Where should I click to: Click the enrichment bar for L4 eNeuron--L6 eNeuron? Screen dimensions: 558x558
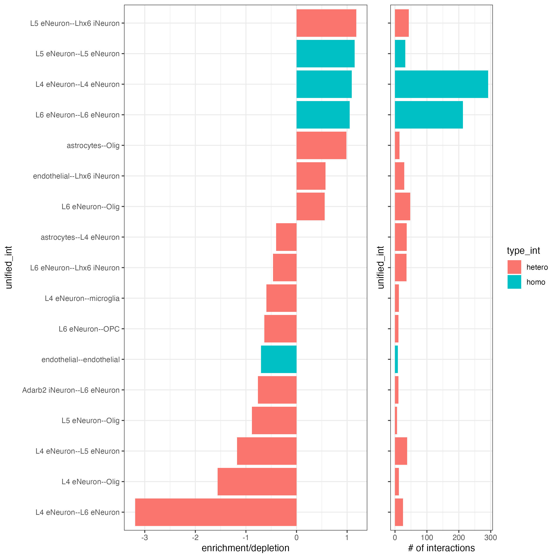point(216,512)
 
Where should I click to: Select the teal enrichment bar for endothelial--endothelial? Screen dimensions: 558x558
point(279,359)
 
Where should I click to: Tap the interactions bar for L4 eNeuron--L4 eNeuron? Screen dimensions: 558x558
point(441,84)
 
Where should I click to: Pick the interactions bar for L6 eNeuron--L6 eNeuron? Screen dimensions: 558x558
point(429,115)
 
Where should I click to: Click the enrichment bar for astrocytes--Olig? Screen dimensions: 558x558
point(321,145)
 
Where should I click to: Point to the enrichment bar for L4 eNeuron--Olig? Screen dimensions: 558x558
point(257,482)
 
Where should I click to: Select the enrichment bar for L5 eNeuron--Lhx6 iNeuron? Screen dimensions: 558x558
point(326,23)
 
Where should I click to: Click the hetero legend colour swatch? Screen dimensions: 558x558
point(514,267)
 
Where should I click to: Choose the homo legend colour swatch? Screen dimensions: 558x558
point(514,282)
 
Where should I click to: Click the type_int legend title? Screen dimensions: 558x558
point(523,251)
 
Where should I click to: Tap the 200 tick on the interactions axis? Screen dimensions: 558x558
point(459,538)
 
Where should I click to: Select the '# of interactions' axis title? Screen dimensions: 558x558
point(441,548)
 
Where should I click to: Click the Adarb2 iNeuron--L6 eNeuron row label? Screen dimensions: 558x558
point(71,390)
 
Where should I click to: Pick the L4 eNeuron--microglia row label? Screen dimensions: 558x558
point(82,298)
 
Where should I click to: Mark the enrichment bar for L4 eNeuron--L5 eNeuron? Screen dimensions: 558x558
point(267,451)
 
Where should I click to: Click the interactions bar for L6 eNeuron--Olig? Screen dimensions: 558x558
point(402,206)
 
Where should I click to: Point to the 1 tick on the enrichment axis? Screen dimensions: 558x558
point(347,538)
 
